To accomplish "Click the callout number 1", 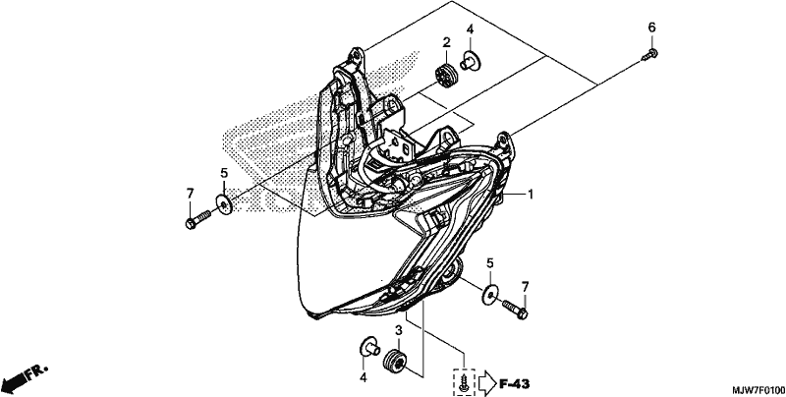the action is [x=530, y=194].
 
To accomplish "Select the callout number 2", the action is [x=446, y=42].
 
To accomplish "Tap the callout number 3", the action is [x=399, y=330].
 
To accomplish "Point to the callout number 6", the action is [x=651, y=28].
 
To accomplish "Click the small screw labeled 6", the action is [x=650, y=54].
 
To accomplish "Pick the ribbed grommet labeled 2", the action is [x=445, y=76].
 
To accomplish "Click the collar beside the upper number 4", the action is [x=470, y=61].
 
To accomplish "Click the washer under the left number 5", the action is [x=224, y=204].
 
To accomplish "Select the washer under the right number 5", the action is [x=489, y=294].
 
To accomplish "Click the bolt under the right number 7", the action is [x=515, y=309].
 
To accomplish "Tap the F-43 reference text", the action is [x=514, y=384].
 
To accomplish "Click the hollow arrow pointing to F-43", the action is [x=487, y=384].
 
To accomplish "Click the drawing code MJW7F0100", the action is [x=758, y=390].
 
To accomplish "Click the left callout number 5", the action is [x=224, y=173].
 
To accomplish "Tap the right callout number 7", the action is [x=525, y=287].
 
